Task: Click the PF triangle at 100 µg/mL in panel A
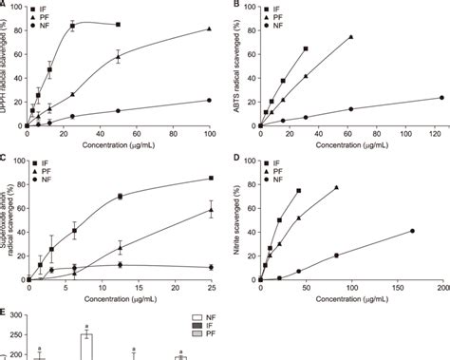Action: pos(209,29)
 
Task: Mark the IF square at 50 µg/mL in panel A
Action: pos(118,24)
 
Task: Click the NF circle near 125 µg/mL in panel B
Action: pos(441,97)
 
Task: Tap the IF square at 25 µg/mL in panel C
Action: pos(210,179)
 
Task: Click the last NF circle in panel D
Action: pos(412,231)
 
